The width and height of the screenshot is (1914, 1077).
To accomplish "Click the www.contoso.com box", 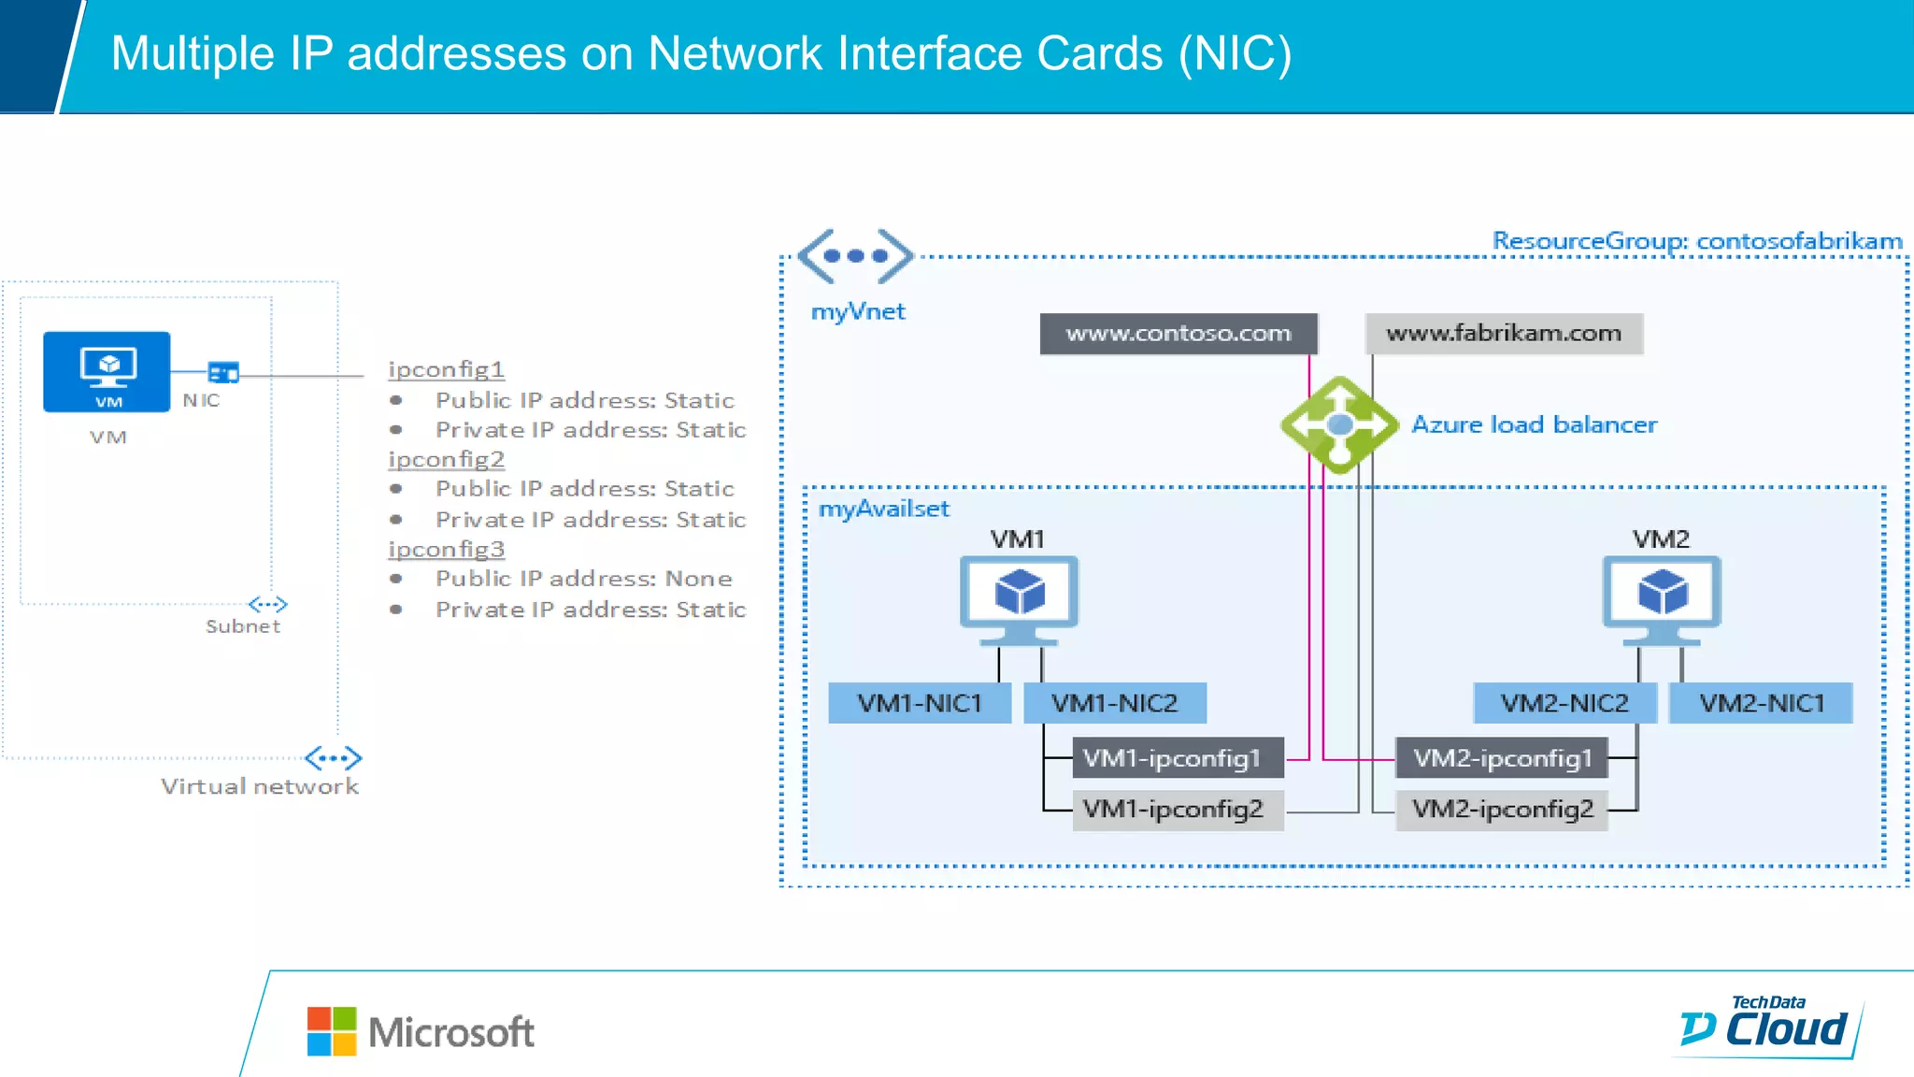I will [1178, 334].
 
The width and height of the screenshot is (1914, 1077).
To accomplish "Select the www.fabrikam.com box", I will [1503, 334].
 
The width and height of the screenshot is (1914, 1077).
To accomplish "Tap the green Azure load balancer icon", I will [1338, 425].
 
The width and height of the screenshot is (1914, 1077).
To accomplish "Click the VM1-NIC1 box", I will [920, 703].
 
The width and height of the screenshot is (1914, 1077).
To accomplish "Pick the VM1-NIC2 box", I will [1114, 703].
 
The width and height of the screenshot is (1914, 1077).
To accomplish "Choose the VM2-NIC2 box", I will [1564, 703].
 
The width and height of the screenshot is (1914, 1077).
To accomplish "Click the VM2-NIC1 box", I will [1761, 703].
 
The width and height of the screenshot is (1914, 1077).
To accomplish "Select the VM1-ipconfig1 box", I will [1177, 758].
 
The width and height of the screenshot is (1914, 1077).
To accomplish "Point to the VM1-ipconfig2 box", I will [1177, 809].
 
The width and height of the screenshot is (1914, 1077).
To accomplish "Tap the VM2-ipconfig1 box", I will [1501, 758].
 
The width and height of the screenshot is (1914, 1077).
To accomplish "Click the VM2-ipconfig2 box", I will [1501, 809].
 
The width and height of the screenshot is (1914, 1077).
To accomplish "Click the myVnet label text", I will [857, 312].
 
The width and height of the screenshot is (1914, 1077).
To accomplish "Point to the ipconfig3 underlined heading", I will [446, 549].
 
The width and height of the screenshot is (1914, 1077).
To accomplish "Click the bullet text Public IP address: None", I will [583, 579].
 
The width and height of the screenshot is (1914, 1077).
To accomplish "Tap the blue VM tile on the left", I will [107, 371].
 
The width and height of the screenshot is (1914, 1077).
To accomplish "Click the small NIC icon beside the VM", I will [223, 373].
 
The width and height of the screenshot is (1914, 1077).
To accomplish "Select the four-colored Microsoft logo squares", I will [332, 1031].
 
